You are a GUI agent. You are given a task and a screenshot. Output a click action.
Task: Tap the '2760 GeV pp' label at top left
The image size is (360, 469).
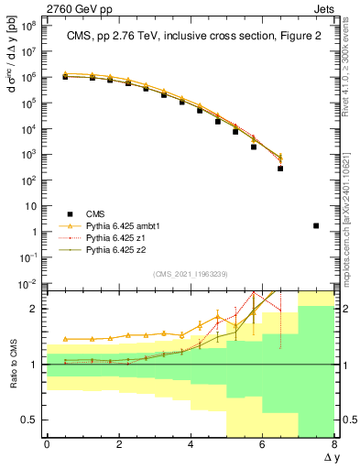36,6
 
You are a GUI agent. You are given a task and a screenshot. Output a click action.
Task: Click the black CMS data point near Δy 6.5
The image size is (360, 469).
280,169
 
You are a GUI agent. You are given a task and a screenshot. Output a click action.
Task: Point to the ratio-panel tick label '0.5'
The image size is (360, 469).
31,420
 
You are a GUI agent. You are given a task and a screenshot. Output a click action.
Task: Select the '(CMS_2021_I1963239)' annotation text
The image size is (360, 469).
190,273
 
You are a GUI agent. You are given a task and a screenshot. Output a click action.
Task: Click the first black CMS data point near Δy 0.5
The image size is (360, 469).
66,77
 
